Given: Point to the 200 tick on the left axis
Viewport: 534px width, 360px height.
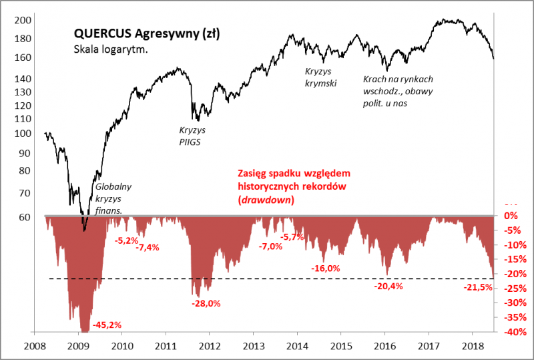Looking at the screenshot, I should [23, 20].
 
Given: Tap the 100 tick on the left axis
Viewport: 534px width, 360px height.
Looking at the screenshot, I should [23, 134].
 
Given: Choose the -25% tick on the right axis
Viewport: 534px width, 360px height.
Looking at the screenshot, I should [509, 288].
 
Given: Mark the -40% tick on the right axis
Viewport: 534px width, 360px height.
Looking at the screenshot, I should [509, 332].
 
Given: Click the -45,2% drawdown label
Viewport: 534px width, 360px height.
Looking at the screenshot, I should [107, 325].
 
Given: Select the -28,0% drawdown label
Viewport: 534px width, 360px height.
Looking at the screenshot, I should [206, 302].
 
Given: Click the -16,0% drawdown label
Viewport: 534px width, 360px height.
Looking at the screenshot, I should [326, 268].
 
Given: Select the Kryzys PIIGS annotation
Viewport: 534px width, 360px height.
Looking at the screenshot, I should [192, 136].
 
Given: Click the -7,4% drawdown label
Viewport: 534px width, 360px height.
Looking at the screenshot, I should [148, 248].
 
